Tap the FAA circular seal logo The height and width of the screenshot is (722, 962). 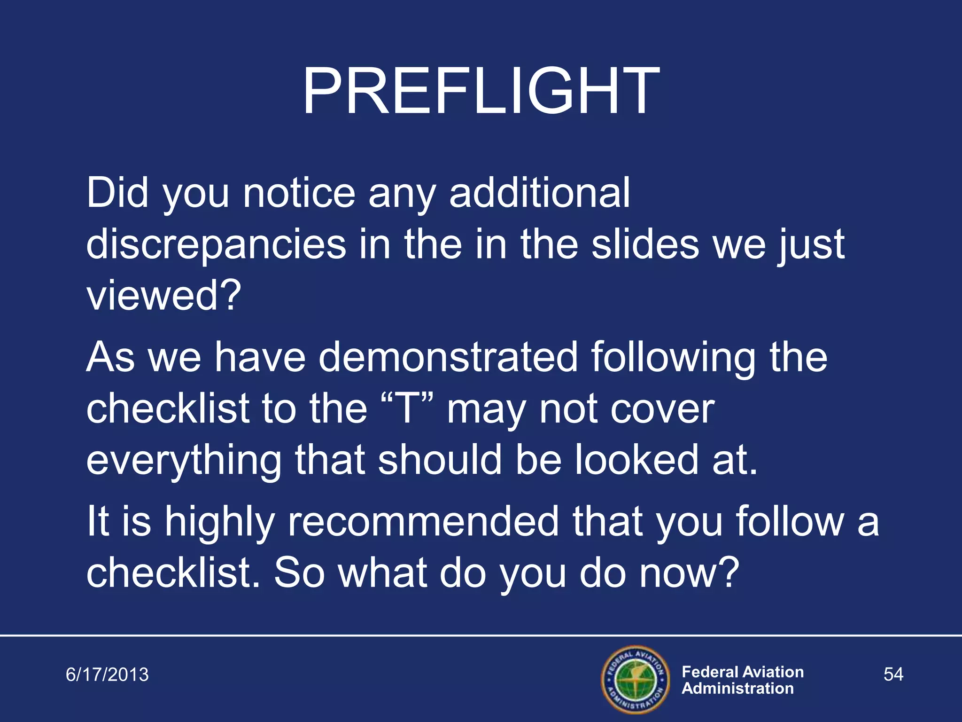636,680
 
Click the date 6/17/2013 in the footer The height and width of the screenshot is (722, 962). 107,675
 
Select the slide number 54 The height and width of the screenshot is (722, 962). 893,675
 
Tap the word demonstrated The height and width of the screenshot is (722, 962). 448,357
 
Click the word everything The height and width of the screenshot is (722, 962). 183,461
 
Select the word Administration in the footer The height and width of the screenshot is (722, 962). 737,689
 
